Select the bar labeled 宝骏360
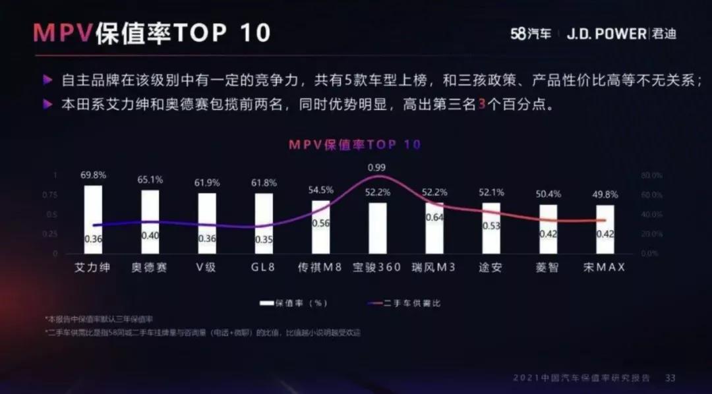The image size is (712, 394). click(378, 228)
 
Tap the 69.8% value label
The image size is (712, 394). click(94, 175)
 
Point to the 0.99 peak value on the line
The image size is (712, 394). click(377, 167)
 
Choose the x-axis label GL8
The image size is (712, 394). click(264, 267)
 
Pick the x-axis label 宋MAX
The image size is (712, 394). click(604, 267)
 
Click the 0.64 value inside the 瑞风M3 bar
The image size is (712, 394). click(434, 217)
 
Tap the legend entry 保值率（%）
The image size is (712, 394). click(295, 303)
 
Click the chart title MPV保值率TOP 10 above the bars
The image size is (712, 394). click(354, 144)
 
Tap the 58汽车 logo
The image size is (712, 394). click(531, 34)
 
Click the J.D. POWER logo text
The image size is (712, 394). click(607, 34)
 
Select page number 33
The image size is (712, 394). click(670, 378)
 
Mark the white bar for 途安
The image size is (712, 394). click(491, 228)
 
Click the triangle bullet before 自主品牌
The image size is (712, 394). click(47, 80)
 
